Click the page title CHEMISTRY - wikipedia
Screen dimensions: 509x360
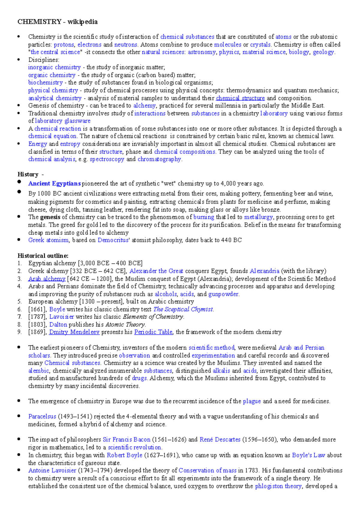coord(57,22)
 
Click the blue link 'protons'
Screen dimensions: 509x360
coord(64,45)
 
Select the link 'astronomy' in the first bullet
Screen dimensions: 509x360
coord(202,52)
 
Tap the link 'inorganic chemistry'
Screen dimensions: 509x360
coord(54,67)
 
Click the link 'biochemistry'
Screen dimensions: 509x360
coord(45,82)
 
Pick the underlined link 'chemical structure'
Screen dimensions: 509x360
coord(240,98)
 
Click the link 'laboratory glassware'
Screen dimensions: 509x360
coord(62,121)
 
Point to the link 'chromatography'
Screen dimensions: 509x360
coord(159,159)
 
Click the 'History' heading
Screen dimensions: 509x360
coord(28,174)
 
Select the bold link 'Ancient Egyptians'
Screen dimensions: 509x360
coord(54,183)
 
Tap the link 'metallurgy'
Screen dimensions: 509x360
coord(258,217)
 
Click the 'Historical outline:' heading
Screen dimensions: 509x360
coord(43,256)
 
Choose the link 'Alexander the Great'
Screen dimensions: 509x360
coord(156,271)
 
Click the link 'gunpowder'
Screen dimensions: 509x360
coord(223,294)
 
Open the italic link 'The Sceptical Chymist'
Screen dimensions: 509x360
coord(183,309)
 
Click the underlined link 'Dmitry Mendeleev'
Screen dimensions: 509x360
coord(74,332)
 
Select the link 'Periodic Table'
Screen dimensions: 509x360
coord(153,332)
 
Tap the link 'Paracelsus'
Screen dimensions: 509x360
coord(42,416)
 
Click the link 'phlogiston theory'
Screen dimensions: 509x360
coord(278,486)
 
